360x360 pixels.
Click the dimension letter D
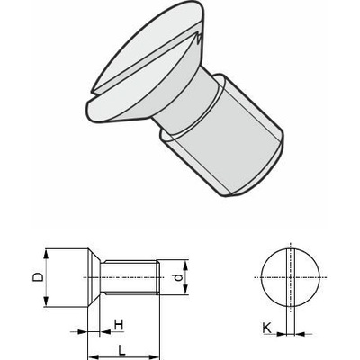click(38, 277)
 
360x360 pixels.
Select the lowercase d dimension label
click(178, 277)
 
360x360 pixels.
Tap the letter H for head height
click(119, 325)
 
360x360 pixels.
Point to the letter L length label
click(121, 351)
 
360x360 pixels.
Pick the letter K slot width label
click(266, 328)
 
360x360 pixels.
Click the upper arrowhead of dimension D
click(46, 255)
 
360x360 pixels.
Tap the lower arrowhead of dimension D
click(46, 301)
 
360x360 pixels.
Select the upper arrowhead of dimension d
click(185, 265)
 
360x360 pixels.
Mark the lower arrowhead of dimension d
click(185, 289)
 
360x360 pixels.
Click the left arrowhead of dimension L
click(94, 357)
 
